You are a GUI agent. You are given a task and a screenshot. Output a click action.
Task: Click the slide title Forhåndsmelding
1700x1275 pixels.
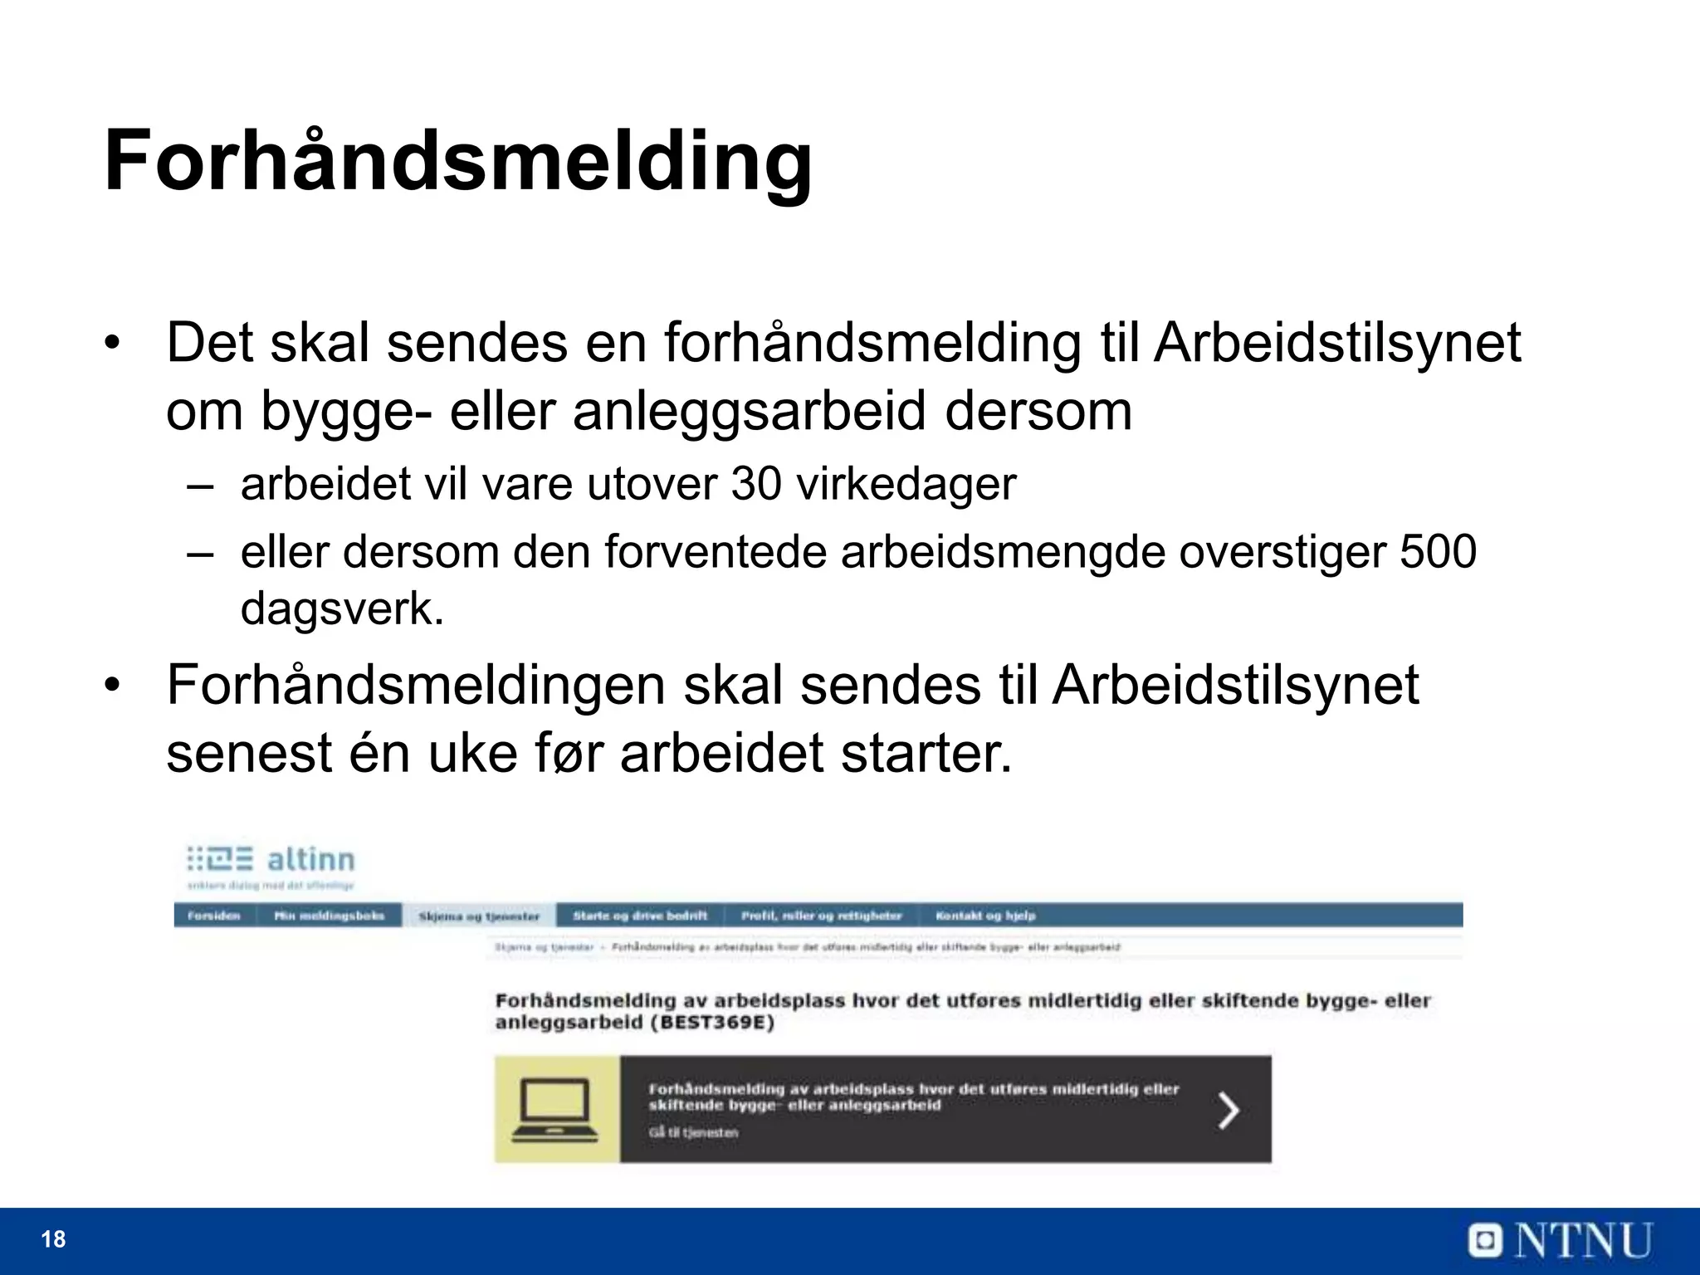click(458, 162)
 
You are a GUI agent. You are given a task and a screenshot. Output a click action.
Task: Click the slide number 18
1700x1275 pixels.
click(53, 1239)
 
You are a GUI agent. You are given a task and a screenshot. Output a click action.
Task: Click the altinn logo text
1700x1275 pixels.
click(310, 859)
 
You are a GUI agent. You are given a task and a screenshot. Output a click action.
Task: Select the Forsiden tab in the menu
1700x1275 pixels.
click(214, 916)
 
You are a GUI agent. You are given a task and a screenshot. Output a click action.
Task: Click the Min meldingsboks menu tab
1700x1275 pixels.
click(330, 916)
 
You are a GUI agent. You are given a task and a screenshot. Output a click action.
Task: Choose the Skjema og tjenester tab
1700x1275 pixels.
click(479, 916)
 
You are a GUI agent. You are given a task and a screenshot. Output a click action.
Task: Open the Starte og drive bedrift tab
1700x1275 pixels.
click(640, 916)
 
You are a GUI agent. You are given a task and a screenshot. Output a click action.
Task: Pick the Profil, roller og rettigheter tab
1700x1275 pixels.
click(821, 916)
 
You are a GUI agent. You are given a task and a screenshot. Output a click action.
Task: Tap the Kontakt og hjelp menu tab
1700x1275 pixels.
click(985, 916)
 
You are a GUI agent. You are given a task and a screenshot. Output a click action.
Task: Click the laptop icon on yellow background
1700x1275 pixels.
click(555, 1110)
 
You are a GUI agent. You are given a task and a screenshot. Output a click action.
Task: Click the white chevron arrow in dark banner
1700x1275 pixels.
click(1228, 1110)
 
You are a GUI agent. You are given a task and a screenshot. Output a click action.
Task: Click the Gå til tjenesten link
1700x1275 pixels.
click(693, 1132)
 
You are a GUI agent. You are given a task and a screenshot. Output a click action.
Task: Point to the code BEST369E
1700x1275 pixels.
click(711, 1023)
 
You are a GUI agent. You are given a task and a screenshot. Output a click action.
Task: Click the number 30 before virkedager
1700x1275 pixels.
click(756, 484)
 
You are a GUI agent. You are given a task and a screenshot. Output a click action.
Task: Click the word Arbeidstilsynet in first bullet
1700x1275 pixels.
click(1336, 343)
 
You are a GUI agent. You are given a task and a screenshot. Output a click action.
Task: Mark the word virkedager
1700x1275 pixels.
click(906, 484)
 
